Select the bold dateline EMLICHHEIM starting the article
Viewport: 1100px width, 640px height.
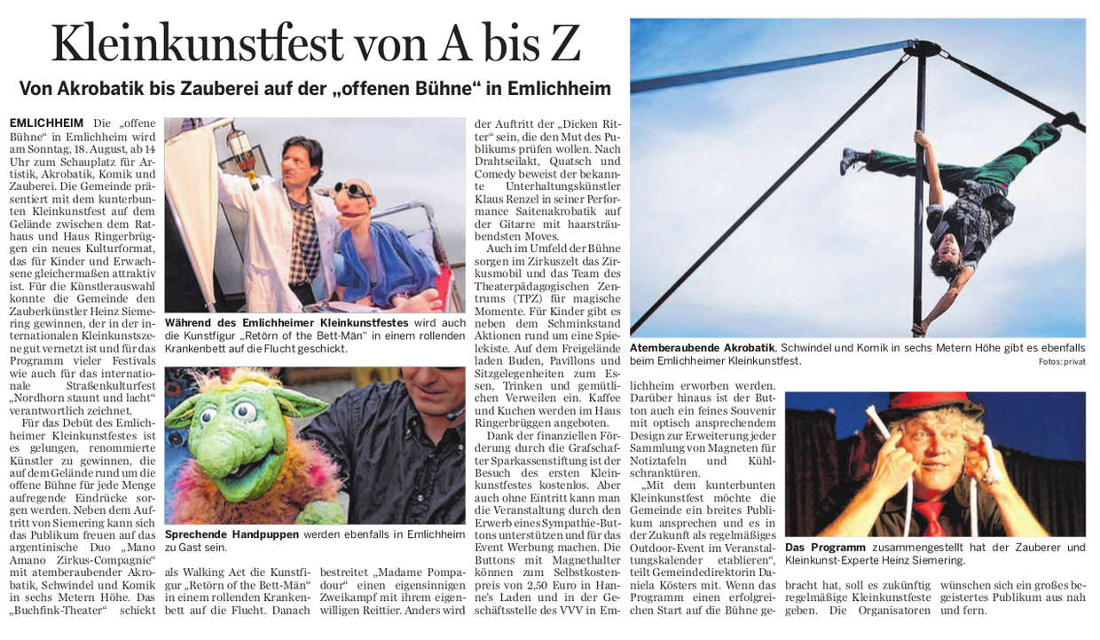[x=46, y=122]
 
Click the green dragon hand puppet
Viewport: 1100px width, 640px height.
[x=240, y=444]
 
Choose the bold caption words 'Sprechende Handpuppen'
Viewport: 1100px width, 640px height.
[x=232, y=534]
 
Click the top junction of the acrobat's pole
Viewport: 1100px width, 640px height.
[x=923, y=48]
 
